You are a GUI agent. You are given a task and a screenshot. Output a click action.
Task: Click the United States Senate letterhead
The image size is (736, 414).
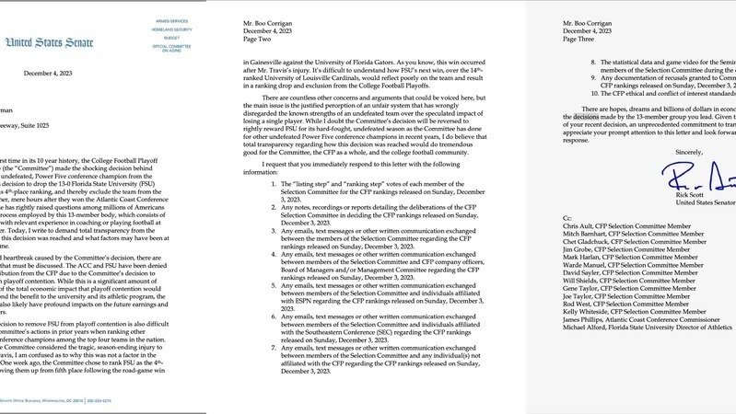[x=43, y=42]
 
